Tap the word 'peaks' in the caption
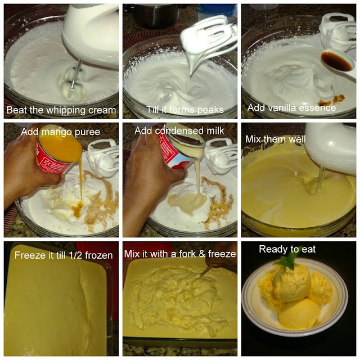pyautogui.click(x=210, y=110)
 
